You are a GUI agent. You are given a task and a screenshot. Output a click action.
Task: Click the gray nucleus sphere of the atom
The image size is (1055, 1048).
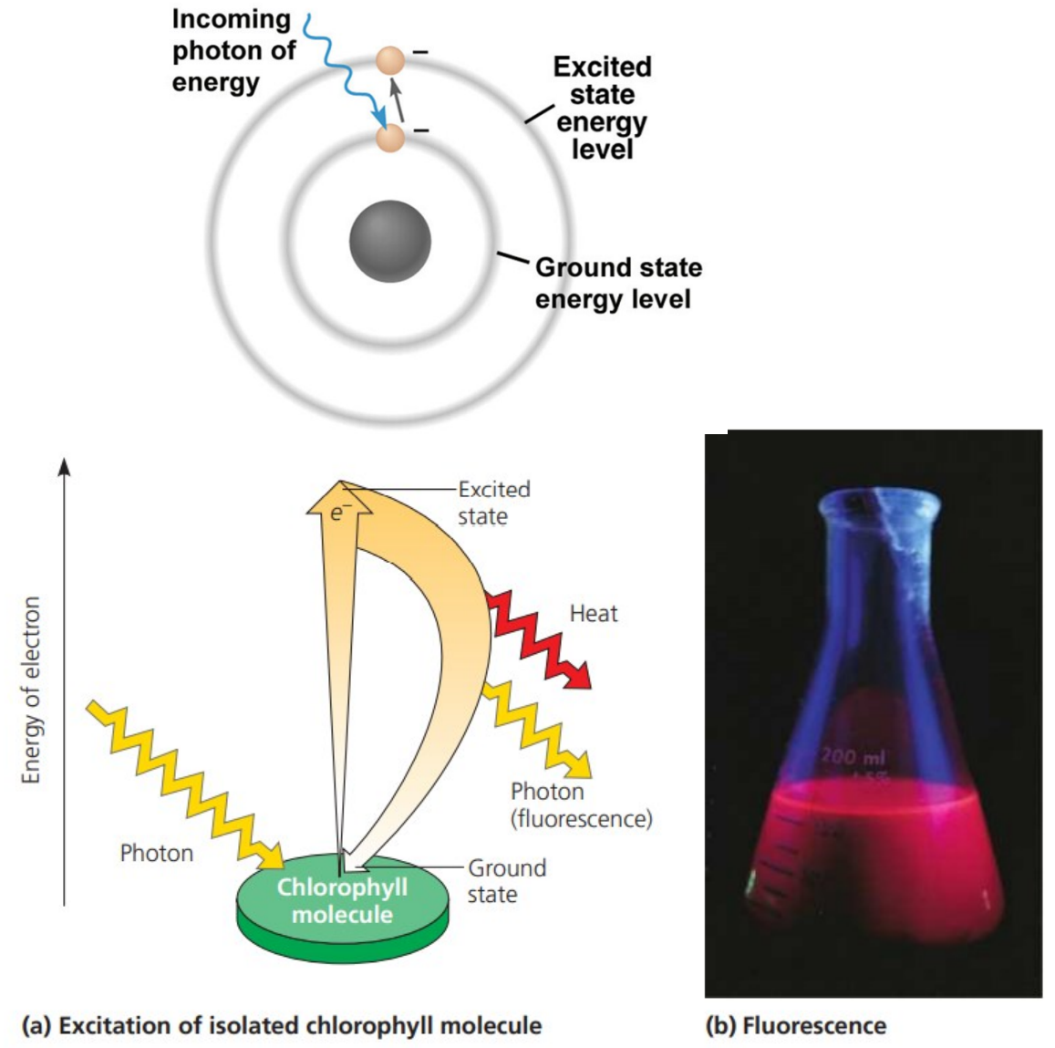[389, 241]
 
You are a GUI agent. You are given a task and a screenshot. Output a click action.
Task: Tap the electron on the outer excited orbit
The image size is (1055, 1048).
[390, 62]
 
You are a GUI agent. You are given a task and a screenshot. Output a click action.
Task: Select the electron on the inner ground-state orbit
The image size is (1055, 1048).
[390, 139]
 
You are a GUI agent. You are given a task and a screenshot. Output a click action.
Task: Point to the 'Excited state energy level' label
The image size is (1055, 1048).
[602, 108]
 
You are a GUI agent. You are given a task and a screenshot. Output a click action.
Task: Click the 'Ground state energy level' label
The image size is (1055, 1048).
[617, 283]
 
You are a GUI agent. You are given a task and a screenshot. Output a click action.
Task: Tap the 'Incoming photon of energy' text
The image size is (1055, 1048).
[233, 51]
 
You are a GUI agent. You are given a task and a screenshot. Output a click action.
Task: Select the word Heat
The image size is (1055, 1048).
[593, 614]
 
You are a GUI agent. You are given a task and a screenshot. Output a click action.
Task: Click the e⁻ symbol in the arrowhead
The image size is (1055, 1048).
[338, 513]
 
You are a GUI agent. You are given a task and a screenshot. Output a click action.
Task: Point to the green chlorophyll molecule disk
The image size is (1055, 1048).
[342, 903]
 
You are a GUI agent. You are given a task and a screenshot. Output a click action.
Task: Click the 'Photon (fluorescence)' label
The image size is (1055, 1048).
[581, 804]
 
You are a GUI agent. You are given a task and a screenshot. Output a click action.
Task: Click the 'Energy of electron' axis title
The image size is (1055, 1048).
[32, 690]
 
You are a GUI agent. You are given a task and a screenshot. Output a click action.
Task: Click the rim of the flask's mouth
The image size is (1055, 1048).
[879, 501]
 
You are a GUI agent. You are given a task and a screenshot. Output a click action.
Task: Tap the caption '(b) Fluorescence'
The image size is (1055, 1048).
[795, 1025]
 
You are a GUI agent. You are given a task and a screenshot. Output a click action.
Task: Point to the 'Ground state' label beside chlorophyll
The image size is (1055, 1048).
[506, 880]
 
